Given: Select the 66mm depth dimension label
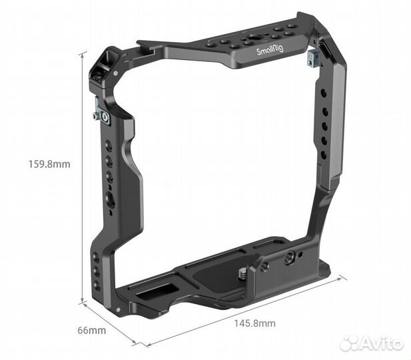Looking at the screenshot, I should click(x=92, y=330).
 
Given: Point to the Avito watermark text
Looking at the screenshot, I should click(x=384, y=343).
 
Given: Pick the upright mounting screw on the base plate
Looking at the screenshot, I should click(x=244, y=273).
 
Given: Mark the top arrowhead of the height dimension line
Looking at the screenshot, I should click(x=83, y=53).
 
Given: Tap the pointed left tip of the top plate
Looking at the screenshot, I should click(x=139, y=45).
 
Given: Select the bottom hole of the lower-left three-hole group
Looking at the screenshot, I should click(x=97, y=285).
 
